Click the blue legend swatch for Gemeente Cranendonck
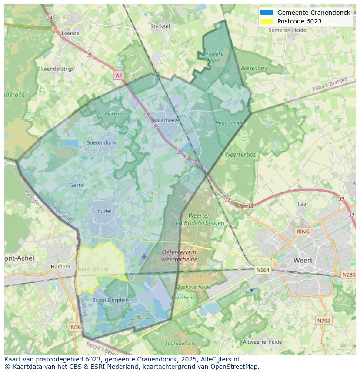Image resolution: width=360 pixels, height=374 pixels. (x=267, y=13)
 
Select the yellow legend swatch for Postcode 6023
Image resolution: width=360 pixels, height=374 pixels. (x=267, y=21)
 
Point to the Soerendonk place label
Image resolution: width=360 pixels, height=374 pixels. (x=101, y=142)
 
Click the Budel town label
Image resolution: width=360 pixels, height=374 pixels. (x=104, y=211)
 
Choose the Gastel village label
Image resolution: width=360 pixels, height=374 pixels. (x=77, y=185)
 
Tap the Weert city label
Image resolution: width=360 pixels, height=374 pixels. (x=303, y=261)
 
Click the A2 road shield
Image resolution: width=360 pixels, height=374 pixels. (x=119, y=76)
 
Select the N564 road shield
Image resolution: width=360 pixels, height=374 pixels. (x=263, y=270)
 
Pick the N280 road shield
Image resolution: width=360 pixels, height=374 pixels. (x=349, y=275)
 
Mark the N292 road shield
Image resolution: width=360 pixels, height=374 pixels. (x=323, y=321)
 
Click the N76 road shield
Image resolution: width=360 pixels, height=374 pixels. (x=76, y=327)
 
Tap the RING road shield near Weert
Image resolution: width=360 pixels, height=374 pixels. (x=303, y=232)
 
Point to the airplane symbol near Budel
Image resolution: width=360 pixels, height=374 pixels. (x=144, y=256)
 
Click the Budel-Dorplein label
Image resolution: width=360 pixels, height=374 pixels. (x=110, y=300)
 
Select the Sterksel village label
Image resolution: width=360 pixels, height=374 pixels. (x=160, y=26)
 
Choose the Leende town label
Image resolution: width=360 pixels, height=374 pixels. (x=70, y=33)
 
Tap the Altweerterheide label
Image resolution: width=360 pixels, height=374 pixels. (x=263, y=342)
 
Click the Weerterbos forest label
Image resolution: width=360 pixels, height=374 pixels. (x=240, y=155)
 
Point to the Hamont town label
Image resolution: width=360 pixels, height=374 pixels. (x=60, y=267)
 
